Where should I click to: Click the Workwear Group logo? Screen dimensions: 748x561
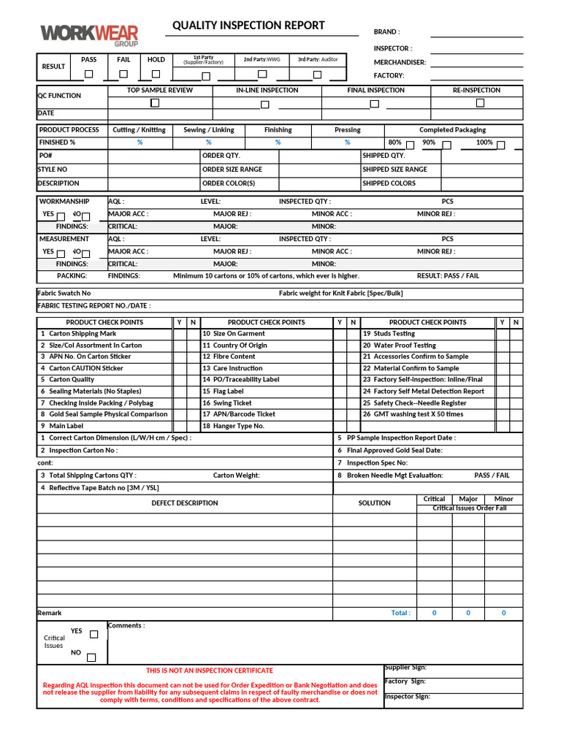pyautogui.click(x=89, y=34)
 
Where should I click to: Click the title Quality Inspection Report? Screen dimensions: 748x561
pyautogui.click(x=248, y=26)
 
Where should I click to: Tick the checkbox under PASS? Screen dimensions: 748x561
pyautogui.click(x=88, y=74)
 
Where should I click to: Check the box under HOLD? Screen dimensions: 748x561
pyautogui.click(x=156, y=74)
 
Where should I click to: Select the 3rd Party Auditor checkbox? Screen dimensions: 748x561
pyautogui.click(x=317, y=75)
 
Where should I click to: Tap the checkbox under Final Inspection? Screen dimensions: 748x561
pyautogui.click(x=375, y=104)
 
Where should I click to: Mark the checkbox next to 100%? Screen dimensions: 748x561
pyautogui.click(x=501, y=145)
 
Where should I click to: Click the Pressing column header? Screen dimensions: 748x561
pyautogui.click(x=347, y=130)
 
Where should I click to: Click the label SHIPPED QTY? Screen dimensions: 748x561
pyautogui.click(x=383, y=156)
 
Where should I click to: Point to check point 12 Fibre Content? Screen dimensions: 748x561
pyautogui.click(x=229, y=356)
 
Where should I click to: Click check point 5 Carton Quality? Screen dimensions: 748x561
pyautogui.click(x=67, y=380)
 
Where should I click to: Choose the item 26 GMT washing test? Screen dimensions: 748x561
pyautogui.click(x=413, y=414)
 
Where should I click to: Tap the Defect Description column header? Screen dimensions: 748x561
pyautogui.click(x=184, y=503)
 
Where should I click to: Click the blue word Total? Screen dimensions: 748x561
pyautogui.click(x=400, y=614)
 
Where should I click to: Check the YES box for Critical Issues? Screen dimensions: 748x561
pyautogui.click(x=93, y=634)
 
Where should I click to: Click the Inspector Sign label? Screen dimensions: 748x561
pyautogui.click(x=408, y=697)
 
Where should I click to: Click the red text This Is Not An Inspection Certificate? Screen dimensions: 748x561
pyautogui.click(x=210, y=671)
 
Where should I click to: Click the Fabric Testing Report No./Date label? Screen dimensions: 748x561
pyautogui.click(x=94, y=306)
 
